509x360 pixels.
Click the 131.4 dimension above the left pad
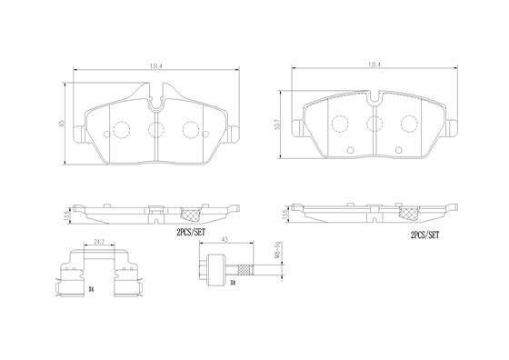pyautogui.click(x=156, y=65)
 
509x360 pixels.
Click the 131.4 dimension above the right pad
pyautogui.click(x=374, y=65)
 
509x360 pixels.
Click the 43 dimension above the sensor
pyautogui.click(x=224, y=240)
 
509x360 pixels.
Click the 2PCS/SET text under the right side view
pyautogui.click(x=424, y=234)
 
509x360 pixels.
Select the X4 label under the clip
pyautogui.click(x=91, y=288)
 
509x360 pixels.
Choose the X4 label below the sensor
pyautogui.click(x=231, y=283)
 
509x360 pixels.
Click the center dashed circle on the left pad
pyautogui.click(x=155, y=128)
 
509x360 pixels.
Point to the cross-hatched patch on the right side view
pyautogui.click(x=408, y=215)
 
